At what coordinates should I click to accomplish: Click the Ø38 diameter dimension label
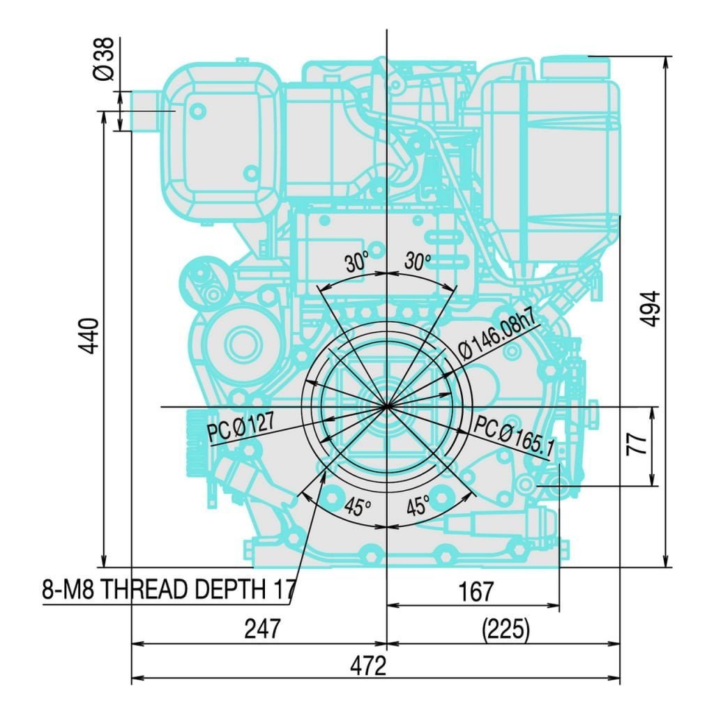(105, 59)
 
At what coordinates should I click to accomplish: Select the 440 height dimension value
(89, 336)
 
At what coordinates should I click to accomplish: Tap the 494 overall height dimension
(651, 309)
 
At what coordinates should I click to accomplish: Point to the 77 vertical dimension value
(637, 445)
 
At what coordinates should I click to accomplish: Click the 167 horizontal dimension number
(476, 591)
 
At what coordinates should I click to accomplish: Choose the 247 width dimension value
(263, 629)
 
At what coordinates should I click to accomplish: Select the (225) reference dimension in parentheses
(506, 630)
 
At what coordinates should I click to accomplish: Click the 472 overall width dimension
(368, 666)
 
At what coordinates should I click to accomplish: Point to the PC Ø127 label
(241, 427)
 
